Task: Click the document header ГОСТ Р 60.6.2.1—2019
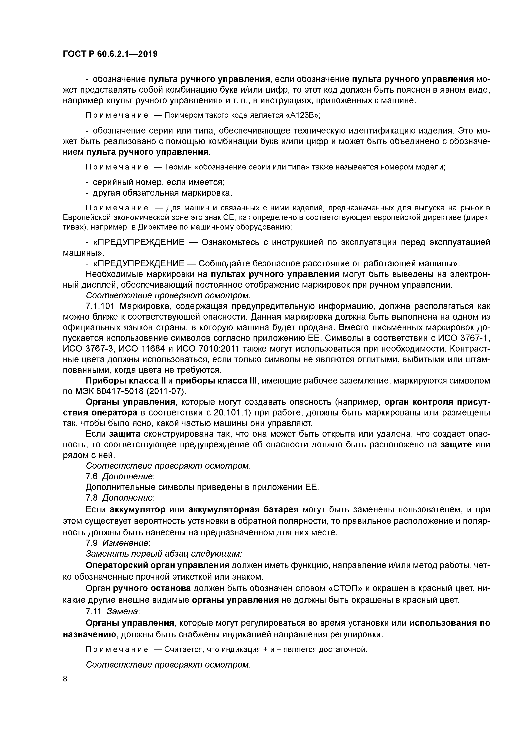(x=110, y=54)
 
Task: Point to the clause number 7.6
(x=91, y=477)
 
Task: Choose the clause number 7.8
(x=91, y=498)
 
